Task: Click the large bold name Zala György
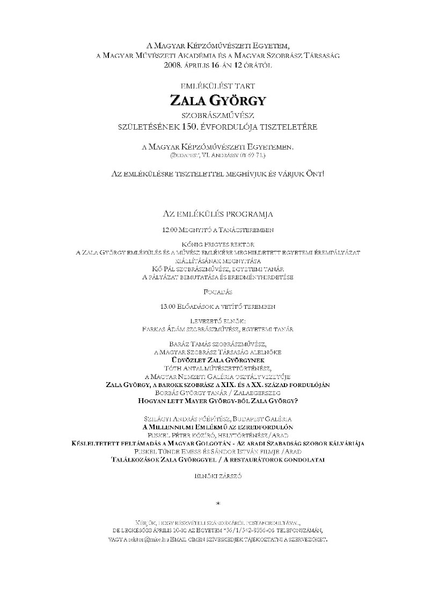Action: pos(217,100)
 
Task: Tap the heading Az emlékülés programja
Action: pos(217,213)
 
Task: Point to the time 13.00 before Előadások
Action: pos(167,307)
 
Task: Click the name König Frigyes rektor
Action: pos(217,244)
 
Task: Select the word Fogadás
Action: pos(217,292)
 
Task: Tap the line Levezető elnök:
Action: pos(217,321)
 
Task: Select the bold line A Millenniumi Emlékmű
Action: pos(217,427)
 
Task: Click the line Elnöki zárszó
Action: pos(217,475)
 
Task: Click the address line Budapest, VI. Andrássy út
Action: pos(217,155)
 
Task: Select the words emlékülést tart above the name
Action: pos(217,85)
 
